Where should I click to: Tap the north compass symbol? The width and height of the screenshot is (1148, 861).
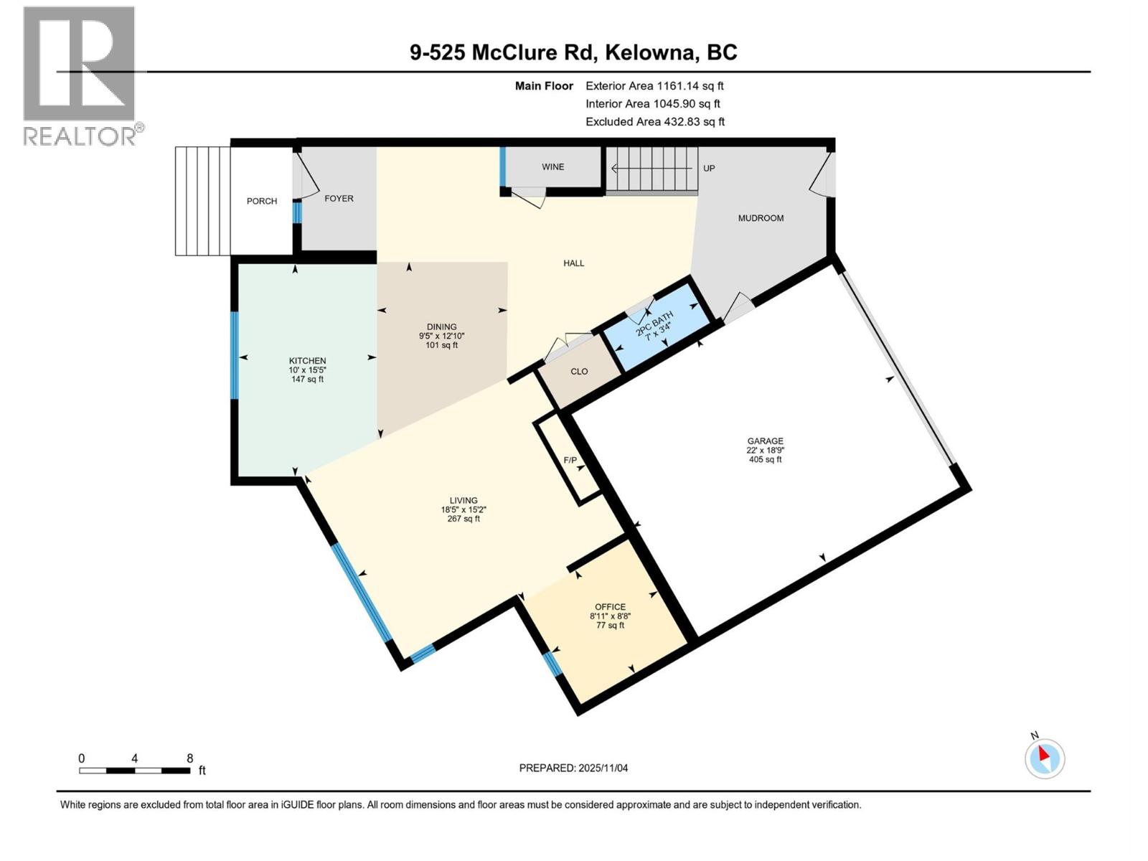pyautogui.click(x=1045, y=758)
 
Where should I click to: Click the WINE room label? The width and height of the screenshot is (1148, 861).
pyautogui.click(x=552, y=167)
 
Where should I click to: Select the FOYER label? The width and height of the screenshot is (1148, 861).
pyautogui.click(x=339, y=199)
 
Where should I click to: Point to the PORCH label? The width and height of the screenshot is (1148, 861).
pyautogui.click(x=262, y=202)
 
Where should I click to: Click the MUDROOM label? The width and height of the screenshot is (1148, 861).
pyautogui.click(x=761, y=218)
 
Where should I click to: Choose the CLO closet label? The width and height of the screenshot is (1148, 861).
pyautogui.click(x=579, y=372)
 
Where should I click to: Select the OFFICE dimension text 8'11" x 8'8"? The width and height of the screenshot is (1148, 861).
pyautogui.click(x=610, y=616)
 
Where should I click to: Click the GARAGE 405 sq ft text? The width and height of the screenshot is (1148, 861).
pyautogui.click(x=765, y=460)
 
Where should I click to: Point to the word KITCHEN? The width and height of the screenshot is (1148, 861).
pyautogui.click(x=307, y=361)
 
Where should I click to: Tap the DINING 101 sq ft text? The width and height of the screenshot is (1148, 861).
pyautogui.click(x=442, y=345)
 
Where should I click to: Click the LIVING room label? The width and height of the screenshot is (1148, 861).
pyautogui.click(x=463, y=501)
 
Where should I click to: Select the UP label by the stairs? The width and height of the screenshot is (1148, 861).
pyautogui.click(x=709, y=169)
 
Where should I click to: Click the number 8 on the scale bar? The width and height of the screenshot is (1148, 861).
pyautogui.click(x=189, y=758)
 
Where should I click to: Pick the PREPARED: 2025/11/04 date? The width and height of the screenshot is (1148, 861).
pyautogui.click(x=573, y=768)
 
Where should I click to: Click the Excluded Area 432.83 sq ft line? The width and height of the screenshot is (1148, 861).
pyautogui.click(x=654, y=122)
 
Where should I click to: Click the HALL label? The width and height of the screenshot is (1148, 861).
pyautogui.click(x=573, y=263)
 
